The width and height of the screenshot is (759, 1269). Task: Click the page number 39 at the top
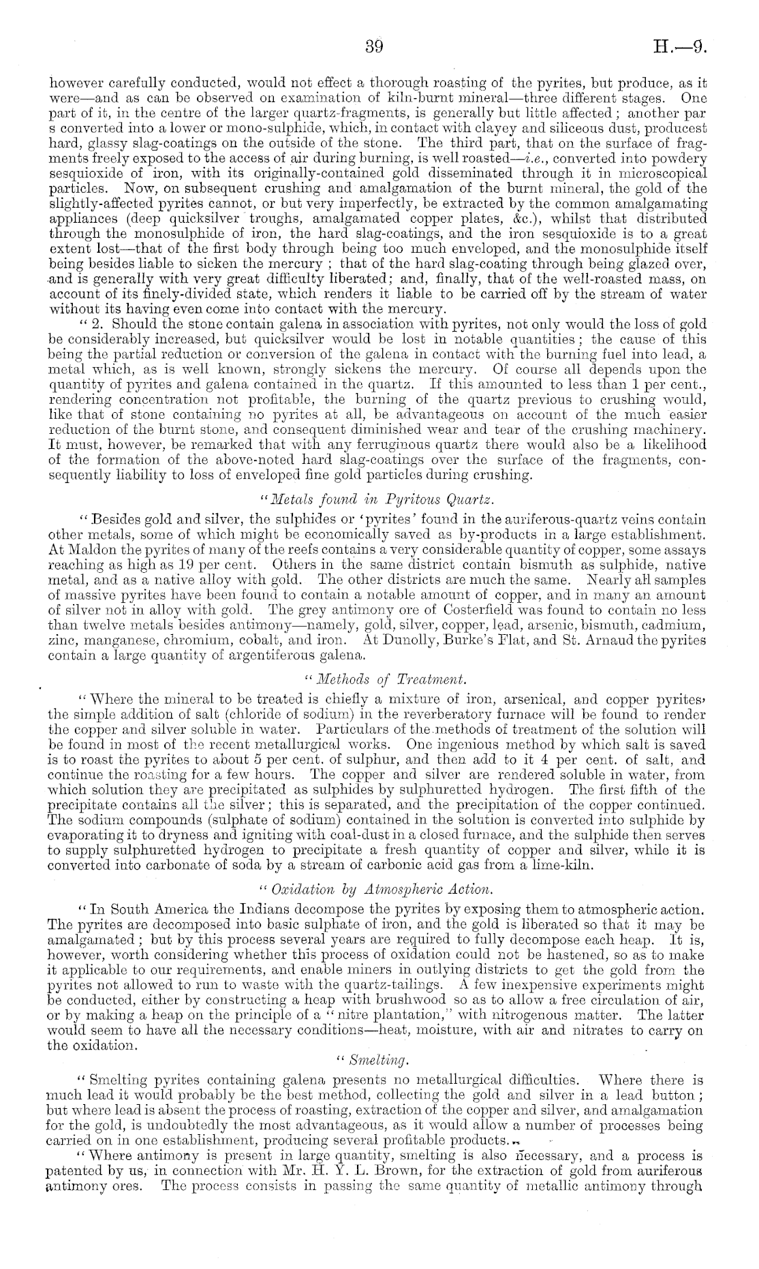(375, 47)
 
